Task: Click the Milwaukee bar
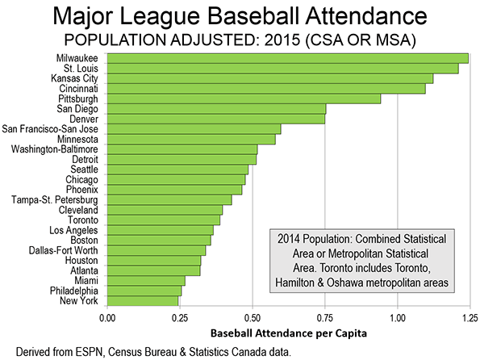tap(288, 58)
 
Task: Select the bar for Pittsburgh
tap(244, 99)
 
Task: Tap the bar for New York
tap(143, 301)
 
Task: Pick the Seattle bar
tap(177, 170)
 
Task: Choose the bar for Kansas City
tap(270, 78)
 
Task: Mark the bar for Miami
tap(146, 281)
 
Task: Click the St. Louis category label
tap(81, 69)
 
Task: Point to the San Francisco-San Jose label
tap(50, 129)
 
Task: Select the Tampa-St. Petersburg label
tap(55, 199)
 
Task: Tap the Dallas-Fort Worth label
tap(64, 250)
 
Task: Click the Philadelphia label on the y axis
tap(74, 291)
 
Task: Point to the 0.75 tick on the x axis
tap(325, 318)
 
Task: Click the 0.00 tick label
tap(107, 318)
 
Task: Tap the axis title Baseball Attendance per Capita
tap(288, 333)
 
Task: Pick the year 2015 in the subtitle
tap(282, 40)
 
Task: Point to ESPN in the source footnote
tap(92, 352)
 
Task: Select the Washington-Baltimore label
tap(55, 149)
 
